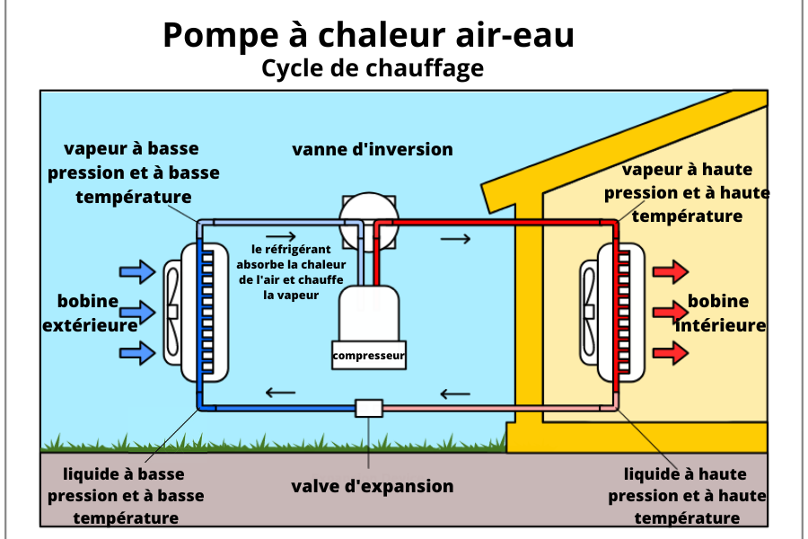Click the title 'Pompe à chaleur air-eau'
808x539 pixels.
(x=369, y=35)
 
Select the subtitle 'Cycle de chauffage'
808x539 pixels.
(x=373, y=68)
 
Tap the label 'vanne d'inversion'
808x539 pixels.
(x=373, y=149)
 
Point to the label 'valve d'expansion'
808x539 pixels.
(x=373, y=486)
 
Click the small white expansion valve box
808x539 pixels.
(x=369, y=408)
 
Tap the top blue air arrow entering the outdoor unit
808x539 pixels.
(x=137, y=271)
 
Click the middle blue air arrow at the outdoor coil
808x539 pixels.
(x=137, y=312)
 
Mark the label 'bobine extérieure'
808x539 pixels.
(x=89, y=313)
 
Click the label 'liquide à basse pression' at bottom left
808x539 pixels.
(x=126, y=496)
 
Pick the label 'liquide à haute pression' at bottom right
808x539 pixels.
(x=688, y=496)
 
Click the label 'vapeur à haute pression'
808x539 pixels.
(x=687, y=192)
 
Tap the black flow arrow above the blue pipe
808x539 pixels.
(x=280, y=392)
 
